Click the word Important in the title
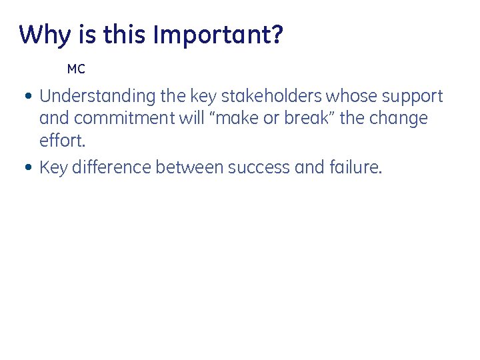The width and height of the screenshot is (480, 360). tap(212, 35)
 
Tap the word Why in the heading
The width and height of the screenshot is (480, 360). tap(42, 35)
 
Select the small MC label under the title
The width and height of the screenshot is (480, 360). tap(76, 69)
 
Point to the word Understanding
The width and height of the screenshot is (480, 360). tap(98, 97)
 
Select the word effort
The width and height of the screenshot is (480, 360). tap(62, 141)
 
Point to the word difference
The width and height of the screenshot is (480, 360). tap(111, 167)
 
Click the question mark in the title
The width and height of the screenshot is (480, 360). tap(277, 35)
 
